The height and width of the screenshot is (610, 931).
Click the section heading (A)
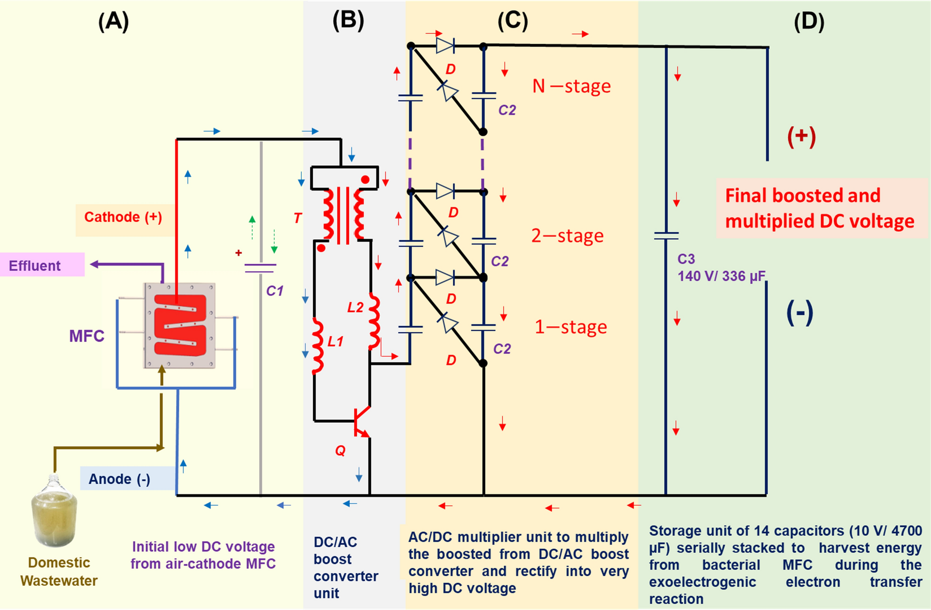pyautogui.click(x=113, y=22)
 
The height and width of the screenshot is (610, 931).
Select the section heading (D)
pyautogui.click(x=808, y=22)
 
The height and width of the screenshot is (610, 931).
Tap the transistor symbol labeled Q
pyautogui.click(x=362, y=421)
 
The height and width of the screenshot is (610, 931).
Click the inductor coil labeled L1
pyautogui.click(x=318, y=346)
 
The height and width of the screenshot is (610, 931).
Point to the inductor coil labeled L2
pyautogui.click(x=374, y=322)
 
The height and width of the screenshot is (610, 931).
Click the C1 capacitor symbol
pyautogui.click(x=261, y=268)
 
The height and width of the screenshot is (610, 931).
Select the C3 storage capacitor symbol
pyautogui.click(x=666, y=236)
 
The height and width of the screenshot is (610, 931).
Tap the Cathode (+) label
pyautogui.click(x=123, y=217)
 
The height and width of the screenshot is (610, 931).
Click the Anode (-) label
pyautogui.click(x=119, y=479)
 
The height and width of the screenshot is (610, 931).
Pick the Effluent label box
pyautogui.click(x=35, y=266)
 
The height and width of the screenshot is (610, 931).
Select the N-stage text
pyautogui.click(x=571, y=86)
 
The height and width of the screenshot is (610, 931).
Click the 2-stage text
pyautogui.click(x=567, y=236)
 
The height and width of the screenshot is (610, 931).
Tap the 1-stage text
pyautogui.click(x=570, y=327)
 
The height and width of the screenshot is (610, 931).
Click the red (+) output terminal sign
pyautogui.click(x=801, y=137)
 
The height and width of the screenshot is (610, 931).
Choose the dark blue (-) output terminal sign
pyautogui.click(x=800, y=313)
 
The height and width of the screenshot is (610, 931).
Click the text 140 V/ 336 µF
pyautogui.click(x=721, y=276)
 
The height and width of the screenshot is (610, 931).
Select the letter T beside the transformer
pyautogui.click(x=298, y=218)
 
